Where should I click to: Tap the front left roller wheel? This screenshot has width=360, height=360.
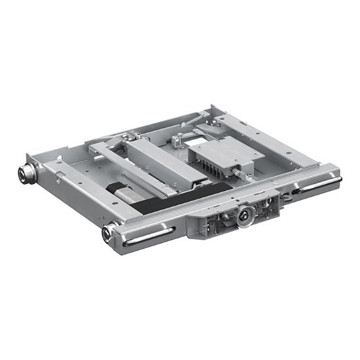tap(107, 232)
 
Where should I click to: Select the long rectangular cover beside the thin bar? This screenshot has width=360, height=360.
tap(167, 164)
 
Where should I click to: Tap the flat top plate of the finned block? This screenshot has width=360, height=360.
tap(213, 151)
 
